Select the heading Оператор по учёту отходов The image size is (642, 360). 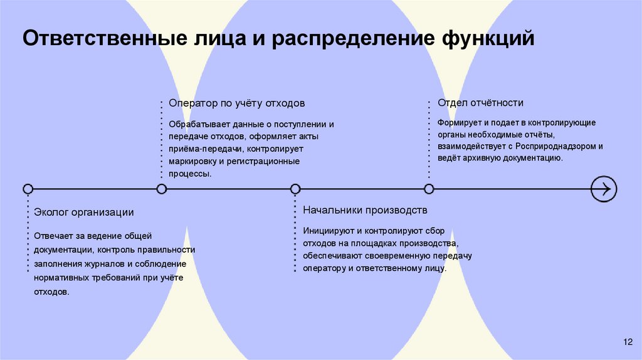pyautogui.click(x=237, y=103)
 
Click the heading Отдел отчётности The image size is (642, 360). pyautogui.click(x=480, y=103)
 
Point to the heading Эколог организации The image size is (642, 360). pyautogui.click(x=84, y=212)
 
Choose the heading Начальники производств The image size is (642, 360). pyautogui.click(x=365, y=209)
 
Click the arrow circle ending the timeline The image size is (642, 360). pyautogui.click(x=604, y=188)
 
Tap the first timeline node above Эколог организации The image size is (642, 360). pyautogui.click(x=28, y=189)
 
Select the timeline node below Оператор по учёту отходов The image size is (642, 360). pyautogui.click(x=162, y=189)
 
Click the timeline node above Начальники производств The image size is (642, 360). pyautogui.click(x=295, y=189)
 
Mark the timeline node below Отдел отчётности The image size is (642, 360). pyautogui.click(x=429, y=189)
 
